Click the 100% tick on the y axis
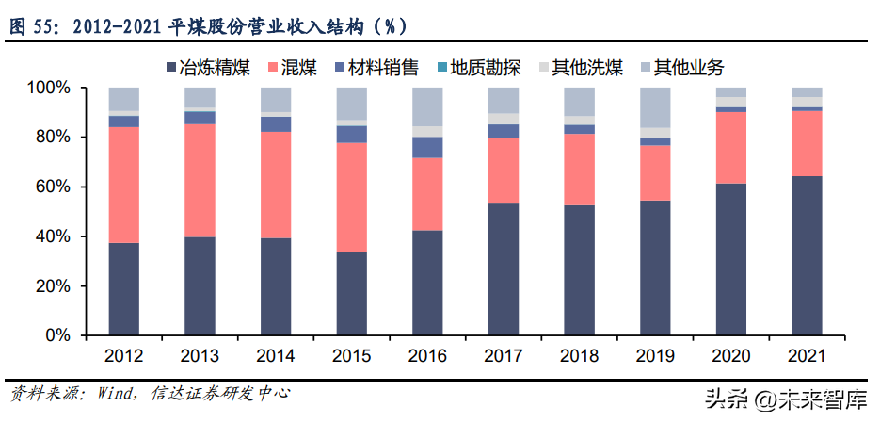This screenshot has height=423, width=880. coord(51,89)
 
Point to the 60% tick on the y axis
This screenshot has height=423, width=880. coord(55,187)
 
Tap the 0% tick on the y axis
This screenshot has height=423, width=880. coord(58,335)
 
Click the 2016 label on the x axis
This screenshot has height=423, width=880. coord(427,356)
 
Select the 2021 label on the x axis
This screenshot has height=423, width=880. coord(807,356)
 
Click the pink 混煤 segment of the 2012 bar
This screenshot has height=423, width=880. coord(123,185)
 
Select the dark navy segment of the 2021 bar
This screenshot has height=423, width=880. coord(807,255)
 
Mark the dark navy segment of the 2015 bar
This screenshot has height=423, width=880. coord(351,293)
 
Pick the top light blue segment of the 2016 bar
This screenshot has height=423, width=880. coord(427,106)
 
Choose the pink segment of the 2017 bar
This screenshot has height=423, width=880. coord(503,171)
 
